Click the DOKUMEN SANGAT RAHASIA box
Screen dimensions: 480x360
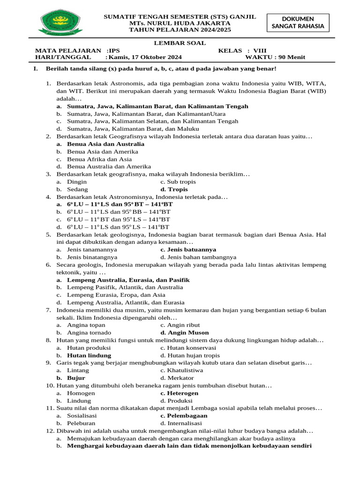(x=298, y=22)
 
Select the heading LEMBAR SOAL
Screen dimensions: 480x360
(x=180, y=43)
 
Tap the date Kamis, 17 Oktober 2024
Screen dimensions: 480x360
(x=146, y=57)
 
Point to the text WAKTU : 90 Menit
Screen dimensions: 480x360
(x=275, y=57)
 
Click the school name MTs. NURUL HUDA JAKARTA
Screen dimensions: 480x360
(x=180, y=23)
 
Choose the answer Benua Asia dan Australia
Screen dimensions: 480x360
(x=105, y=144)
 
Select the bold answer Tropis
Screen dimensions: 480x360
(x=178, y=189)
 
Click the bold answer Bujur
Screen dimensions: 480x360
(x=76, y=378)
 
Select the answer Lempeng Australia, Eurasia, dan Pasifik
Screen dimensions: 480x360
(x=128, y=280)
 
